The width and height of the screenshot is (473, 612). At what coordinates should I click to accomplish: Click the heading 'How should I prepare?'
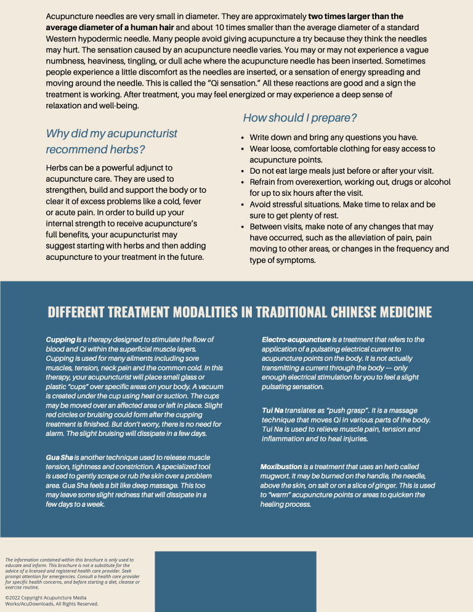(x=300, y=118)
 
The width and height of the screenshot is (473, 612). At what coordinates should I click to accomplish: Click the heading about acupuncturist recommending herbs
(x=111, y=142)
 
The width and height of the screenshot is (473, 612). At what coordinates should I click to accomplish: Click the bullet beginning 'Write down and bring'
(x=333, y=137)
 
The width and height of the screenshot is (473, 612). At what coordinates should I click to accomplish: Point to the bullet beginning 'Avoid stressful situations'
(x=342, y=204)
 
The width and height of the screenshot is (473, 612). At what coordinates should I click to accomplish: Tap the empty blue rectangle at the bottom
(x=235, y=581)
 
